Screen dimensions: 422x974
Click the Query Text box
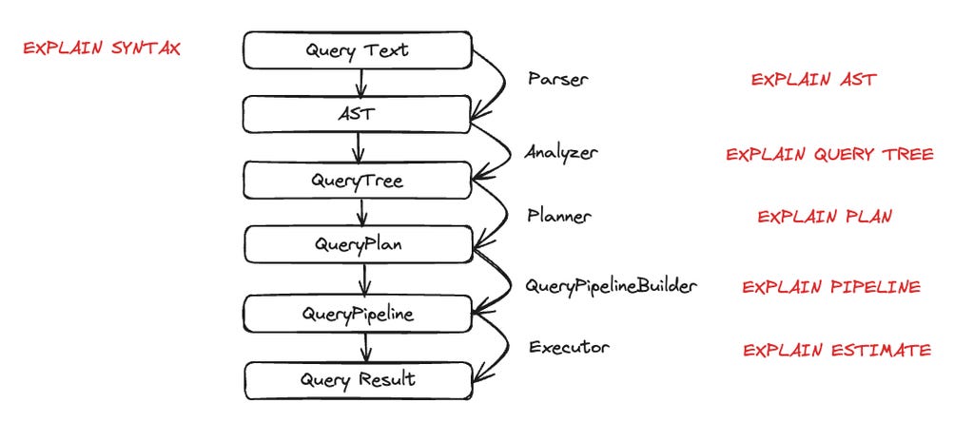coord(358,50)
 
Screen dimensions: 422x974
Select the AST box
coord(358,114)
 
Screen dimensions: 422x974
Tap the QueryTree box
coord(358,180)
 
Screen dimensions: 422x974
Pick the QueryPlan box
coord(358,244)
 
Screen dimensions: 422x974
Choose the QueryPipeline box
coord(358,313)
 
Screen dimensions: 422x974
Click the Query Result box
coord(358,379)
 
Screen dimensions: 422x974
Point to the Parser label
coord(557,80)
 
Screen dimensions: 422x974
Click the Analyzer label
coord(561,151)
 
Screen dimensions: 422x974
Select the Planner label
coord(559,216)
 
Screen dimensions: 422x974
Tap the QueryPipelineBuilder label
coord(612,285)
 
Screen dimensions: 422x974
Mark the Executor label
coord(569,348)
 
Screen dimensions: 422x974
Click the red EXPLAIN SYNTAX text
coord(102,48)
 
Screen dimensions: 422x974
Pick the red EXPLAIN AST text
coord(813,80)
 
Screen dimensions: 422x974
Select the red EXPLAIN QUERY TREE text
coord(829,154)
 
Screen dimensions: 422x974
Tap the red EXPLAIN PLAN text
coord(825,217)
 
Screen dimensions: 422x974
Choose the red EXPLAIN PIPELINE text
coord(831,287)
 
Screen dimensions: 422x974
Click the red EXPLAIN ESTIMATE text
coord(837,351)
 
